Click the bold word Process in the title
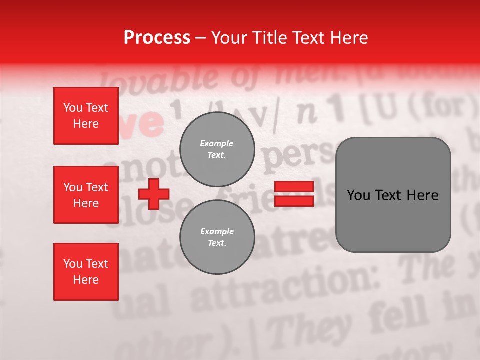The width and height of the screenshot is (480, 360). click(157, 38)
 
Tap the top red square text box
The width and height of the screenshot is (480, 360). click(86, 116)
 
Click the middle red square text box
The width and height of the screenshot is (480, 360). click(86, 195)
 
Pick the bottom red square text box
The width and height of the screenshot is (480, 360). click(86, 272)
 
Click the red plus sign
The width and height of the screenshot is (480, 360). click(154, 194)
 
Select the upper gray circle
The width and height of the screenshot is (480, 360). click(217, 149)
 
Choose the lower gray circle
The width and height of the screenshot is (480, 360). click(217, 237)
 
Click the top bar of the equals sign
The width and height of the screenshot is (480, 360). click(294, 187)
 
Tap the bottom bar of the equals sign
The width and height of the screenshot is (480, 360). click(294, 201)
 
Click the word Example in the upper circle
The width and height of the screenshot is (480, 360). click(216, 143)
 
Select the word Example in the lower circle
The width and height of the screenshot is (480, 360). click(217, 231)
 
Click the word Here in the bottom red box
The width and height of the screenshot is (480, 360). click(86, 280)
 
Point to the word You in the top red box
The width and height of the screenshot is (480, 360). click(72, 108)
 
